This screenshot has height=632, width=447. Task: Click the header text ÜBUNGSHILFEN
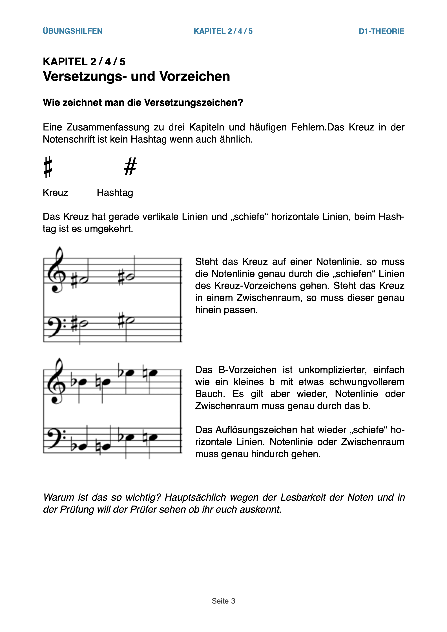point(73,31)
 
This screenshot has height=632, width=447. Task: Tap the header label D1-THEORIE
point(382,31)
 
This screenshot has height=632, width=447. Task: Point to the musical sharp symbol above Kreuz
point(48,167)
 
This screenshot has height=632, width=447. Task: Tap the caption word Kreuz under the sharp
point(55,192)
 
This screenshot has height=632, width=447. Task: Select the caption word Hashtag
point(115,192)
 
